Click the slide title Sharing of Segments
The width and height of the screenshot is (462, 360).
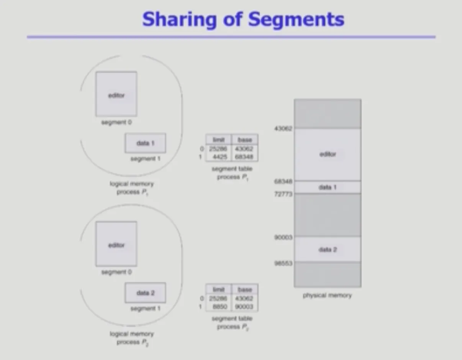point(243,19)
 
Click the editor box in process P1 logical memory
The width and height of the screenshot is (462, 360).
point(116,94)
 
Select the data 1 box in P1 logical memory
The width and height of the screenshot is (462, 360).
point(145,143)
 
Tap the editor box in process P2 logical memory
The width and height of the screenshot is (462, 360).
point(116,244)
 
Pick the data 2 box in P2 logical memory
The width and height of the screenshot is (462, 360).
point(145,293)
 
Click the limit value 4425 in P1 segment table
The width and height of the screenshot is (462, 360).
point(219,157)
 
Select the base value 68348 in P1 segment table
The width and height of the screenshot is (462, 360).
point(245,157)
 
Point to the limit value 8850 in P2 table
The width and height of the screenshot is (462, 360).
point(219,306)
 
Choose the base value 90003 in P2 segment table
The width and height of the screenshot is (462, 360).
point(245,306)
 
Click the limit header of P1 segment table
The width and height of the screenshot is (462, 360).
point(218,140)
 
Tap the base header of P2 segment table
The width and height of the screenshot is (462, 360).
point(245,290)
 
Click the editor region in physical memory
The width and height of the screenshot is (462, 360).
point(328,154)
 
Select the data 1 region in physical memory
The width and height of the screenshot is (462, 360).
point(328,187)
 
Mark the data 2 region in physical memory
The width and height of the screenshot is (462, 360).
point(328,250)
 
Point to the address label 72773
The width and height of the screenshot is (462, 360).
point(283,194)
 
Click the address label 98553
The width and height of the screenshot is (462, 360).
point(283,263)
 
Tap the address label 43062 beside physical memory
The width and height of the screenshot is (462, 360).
point(283,128)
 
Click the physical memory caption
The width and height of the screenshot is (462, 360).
point(327,296)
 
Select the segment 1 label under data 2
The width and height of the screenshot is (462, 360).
point(146,309)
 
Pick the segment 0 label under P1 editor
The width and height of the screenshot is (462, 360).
point(116,123)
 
